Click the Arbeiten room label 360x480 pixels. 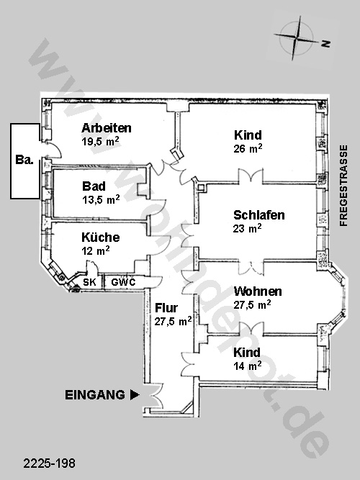point(107,128)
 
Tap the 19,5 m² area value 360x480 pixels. point(100,142)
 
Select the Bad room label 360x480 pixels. point(94,186)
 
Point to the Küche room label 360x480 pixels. point(101,237)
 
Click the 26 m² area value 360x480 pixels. point(248,148)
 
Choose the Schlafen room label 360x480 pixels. point(259,215)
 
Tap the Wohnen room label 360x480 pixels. point(258,291)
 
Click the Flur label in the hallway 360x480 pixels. point(166,308)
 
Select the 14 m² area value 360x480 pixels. point(248,366)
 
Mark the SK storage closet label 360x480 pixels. point(89,282)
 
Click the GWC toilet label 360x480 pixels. point(123,282)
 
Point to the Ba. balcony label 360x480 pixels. point(24,160)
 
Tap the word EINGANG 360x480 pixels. point(95,395)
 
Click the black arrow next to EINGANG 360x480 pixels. point(135,395)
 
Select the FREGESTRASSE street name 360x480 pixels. point(343,186)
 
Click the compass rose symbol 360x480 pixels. point(296,39)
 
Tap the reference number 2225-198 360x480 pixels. point(50,463)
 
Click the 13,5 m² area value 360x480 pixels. point(101,199)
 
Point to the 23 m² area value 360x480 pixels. point(247,228)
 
